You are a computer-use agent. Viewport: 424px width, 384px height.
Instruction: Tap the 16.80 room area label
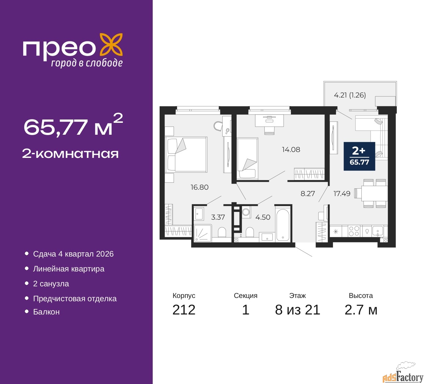[x=199, y=187]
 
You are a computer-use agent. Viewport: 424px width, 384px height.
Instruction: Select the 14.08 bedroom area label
[x=291, y=150]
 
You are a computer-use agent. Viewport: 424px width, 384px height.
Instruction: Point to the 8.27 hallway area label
[x=308, y=194]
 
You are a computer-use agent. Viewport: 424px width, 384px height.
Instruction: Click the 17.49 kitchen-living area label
[x=342, y=194]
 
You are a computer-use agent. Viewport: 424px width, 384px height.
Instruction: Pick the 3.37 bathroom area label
[x=218, y=217]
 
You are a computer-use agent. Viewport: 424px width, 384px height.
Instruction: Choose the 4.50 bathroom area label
[x=263, y=217]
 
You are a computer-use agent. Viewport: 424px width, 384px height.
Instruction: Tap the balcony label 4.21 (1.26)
[x=350, y=95]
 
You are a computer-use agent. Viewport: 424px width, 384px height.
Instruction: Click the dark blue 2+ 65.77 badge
[x=359, y=156]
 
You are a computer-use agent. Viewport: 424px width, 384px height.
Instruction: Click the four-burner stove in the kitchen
[x=354, y=231]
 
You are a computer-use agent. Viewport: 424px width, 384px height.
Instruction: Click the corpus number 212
[x=184, y=310]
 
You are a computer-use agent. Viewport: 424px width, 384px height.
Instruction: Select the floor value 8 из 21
[x=297, y=310]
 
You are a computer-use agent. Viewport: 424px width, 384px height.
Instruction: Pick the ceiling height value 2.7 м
[x=361, y=310]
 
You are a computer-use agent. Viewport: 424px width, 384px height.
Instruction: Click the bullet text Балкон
[x=46, y=312]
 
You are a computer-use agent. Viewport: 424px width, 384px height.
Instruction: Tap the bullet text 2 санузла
[x=51, y=284]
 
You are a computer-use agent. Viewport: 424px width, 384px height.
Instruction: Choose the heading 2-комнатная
[x=70, y=154]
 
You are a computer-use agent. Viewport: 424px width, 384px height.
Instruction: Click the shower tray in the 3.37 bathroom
[x=202, y=232]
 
